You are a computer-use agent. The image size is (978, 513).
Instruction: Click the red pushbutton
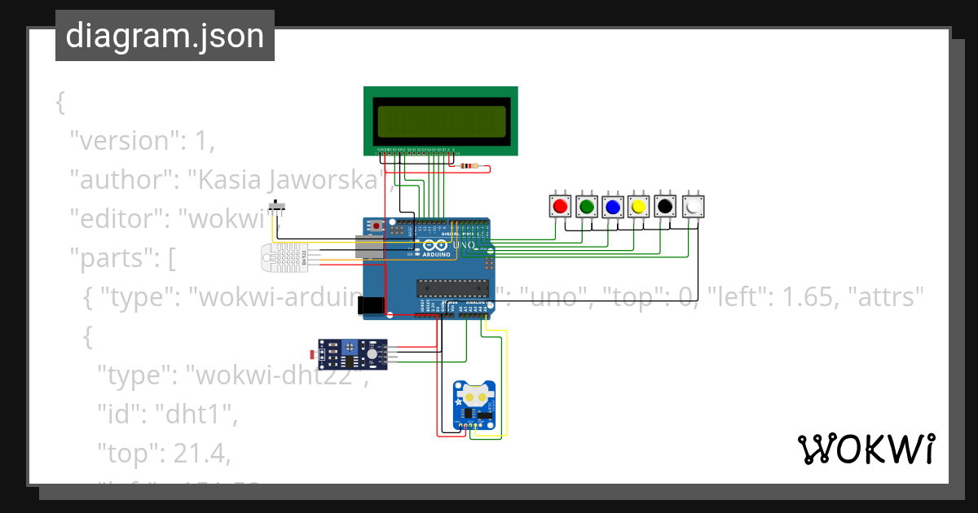559,207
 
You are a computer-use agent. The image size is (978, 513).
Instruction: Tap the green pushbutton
586,207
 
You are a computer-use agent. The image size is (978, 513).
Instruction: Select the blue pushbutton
612,207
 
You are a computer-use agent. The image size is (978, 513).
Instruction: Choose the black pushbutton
665,207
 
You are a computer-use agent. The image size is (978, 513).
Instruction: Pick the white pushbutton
692,207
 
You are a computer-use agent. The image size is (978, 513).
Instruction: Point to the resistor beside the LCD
469,167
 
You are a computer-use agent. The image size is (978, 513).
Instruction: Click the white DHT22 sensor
282,256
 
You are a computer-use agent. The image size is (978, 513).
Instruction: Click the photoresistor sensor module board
350,353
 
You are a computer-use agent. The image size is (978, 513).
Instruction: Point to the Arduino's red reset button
376,225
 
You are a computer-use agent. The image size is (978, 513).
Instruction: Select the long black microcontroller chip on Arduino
452,286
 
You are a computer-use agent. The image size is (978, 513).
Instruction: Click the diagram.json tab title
165,36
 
